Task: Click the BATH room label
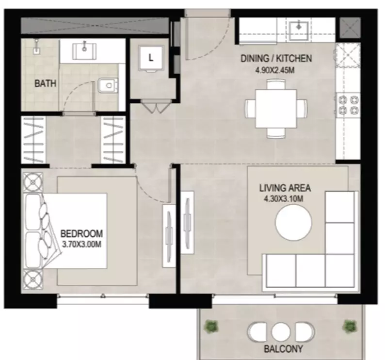pyautogui.click(x=46, y=83)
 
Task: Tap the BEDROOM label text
pyautogui.click(x=81, y=233)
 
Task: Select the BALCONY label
pyautogui.click(x=283, y=349)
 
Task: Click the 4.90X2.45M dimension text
pyautogui.click(x=275, y=70)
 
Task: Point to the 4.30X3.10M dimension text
pyautogui.click(x=283, y=198)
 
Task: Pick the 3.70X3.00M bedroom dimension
pyautogui.click(x=82, y=245)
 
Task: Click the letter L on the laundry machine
pyautogui.click(x=151, y=58)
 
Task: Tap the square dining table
pyautogui.click(x=276, y=109)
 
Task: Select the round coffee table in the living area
pyautogui.click(x=294, y=223)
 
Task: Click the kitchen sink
pyautogui.click(x=299, y=31)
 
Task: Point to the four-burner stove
pyautogui.click(x=349, y=105)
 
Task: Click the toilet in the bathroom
pyautogui.click(x=108, y=86)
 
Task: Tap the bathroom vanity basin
pyautogui.click(x=84, y=51)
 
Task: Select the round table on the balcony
pyautogui.click(x=281, y=332)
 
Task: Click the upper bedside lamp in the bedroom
pyautogui.click(x=33, y=182)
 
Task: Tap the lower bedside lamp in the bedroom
pyautogui.click(x=33, y=279)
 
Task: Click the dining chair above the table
pyautogui.click(x=276, y=84)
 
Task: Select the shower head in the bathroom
pyautogui.click(x=36, y=47)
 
